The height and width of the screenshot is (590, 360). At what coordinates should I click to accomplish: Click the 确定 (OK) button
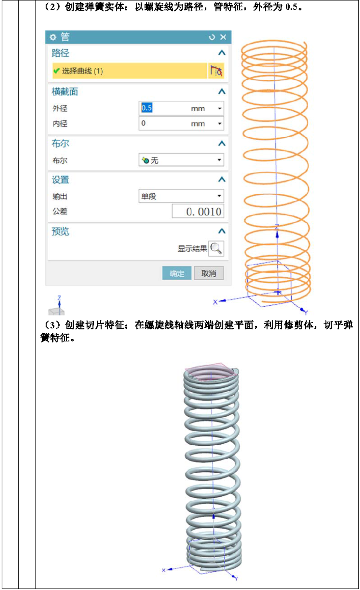[x=176, y=273]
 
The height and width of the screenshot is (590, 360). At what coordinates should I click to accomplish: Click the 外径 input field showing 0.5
[x=181, y=108]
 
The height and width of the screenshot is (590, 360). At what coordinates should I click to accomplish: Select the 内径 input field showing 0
[x=181, y=124]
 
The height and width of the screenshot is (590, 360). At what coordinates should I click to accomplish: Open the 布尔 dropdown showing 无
[x=181, y=160]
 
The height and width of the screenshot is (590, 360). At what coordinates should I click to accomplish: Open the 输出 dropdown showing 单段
[x=181, y=196]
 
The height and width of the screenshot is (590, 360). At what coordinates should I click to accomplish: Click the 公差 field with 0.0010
[x=198, y=211]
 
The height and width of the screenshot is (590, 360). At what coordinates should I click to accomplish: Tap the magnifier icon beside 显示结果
[x=216, y=248]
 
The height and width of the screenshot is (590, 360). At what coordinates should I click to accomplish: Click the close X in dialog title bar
[x=223, y=37]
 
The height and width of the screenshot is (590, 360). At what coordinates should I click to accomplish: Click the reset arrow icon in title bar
[x=212, y=37]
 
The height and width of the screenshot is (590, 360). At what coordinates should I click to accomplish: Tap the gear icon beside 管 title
[x=53, y=37]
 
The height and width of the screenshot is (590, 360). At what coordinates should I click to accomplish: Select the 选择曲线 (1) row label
[x=82, y=71]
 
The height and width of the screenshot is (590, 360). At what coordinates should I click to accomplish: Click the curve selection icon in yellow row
[x=216, y=71]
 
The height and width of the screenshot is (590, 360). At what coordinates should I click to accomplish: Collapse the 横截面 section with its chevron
[x=221, y=92]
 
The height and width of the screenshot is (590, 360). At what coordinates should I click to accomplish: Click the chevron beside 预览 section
[x=221, y=231]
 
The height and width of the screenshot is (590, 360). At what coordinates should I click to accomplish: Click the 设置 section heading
[x=60, y=180]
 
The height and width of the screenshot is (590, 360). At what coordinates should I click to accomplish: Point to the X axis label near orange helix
[x=215, y=302]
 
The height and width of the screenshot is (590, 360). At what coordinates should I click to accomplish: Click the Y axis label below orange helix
[x=306, y=312]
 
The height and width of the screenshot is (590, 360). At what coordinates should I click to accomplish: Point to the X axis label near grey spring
[x=164, y=570]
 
